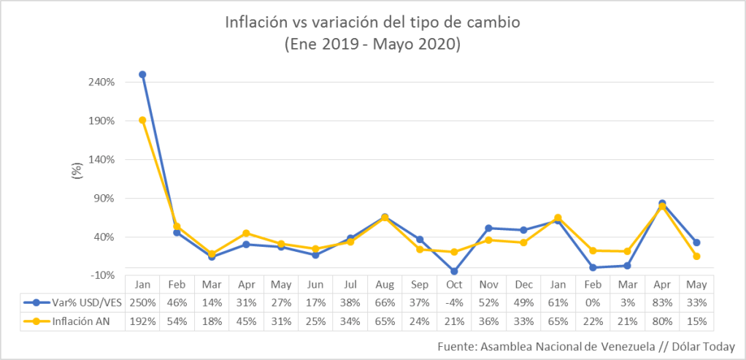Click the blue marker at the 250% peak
[x=142, y=74]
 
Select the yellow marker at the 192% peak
[x=142, y=120]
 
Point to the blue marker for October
[x=454, y=271]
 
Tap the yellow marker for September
[x=420, y=250]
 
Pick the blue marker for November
[x=488, y=229]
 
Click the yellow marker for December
[x=523, y=242]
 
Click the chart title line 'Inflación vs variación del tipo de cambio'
[x=372, y=23]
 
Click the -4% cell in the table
[x=454, y=302]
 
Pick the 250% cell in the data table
[x=142, y=302]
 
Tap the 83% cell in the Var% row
[x=661, y=302]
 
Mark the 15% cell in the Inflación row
[x=696, y=321]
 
